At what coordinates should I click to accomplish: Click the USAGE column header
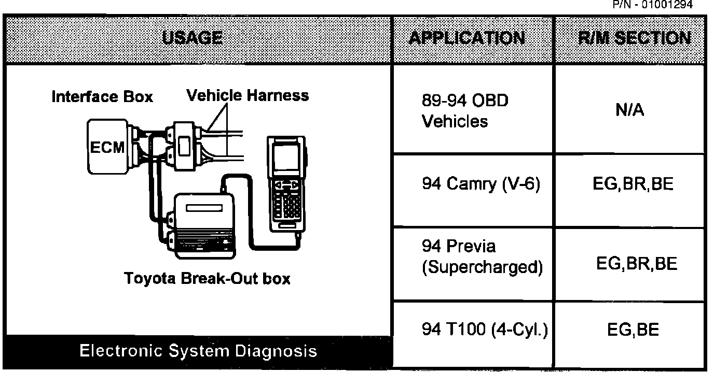(193, 38)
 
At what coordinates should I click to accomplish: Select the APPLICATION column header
(466, 38)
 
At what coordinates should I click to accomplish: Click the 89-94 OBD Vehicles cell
(465, 110)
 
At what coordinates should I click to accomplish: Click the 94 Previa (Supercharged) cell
(482, 257)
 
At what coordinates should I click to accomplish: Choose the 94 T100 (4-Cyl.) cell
(485, 330)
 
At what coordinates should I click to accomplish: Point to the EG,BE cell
(633, 330)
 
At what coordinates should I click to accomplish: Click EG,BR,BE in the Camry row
(633, 185)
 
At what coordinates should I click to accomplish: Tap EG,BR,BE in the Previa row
(636, 264)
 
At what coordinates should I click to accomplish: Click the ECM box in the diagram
(107, 147)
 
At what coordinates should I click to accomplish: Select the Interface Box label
(102, 97)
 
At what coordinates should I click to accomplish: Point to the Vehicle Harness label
(247, 95)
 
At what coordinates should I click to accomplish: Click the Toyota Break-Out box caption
(208, 279)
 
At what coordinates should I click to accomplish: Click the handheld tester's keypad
(286, 205)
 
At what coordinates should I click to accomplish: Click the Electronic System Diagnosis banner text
(198, 351)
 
